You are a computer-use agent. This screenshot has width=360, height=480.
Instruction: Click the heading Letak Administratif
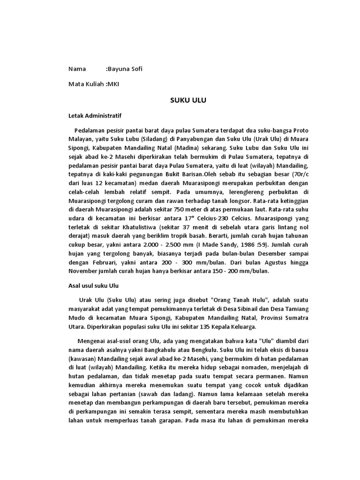pyautogui.click(x=95, y=114)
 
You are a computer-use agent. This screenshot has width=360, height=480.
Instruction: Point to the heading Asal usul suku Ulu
pyautogui.click(x=94, y=285)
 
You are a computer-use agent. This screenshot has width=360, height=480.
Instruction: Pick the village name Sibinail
pyautogui.click(x=237, y=309)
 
